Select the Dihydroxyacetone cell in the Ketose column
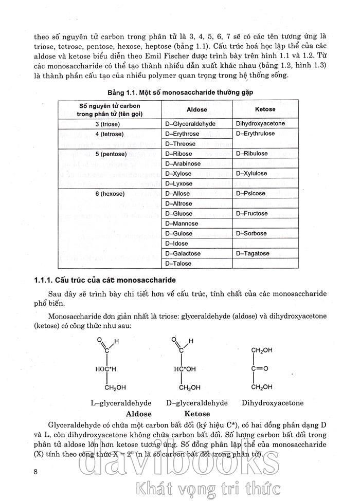(260, 124)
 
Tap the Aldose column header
(197, 109)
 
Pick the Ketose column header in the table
(265, 109)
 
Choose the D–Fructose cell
(252, 213)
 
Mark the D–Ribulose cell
(252, 154)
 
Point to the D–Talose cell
(178, 264)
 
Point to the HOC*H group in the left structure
(106, 368)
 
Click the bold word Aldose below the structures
(139, 414)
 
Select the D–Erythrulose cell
(256, 134)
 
